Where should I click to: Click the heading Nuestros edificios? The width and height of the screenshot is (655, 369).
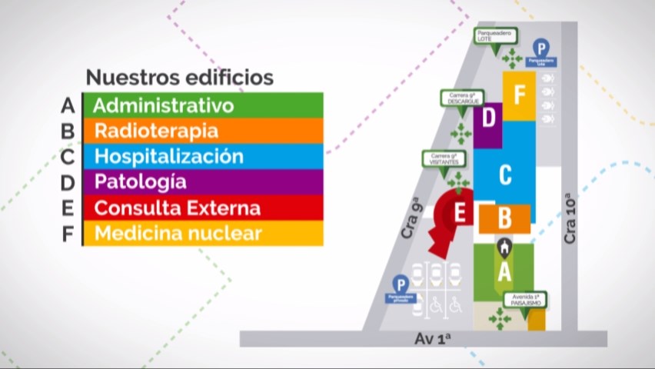tap(179, 78)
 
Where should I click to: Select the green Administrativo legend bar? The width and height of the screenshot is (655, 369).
tap(202, 105)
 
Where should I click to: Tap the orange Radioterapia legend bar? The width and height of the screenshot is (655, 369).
tap(202, 131)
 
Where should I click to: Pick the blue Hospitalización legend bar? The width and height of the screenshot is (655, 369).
tap(202, 156)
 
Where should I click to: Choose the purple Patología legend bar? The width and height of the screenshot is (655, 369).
tap(202, 182)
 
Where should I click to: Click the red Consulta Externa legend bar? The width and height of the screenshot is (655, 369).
tap(202, 208)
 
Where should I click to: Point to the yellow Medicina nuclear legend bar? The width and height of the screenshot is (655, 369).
tap(202, 233)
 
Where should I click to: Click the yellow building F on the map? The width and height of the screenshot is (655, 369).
tap(520, 95)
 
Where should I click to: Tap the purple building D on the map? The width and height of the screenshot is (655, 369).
tap(488, 119)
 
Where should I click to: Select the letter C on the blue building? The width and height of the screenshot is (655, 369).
tap(505, 175)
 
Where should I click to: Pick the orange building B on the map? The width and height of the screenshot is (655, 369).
tap(504, 218)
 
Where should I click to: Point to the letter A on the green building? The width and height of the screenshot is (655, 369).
tap(504, 271)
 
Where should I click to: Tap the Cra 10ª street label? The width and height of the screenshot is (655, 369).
tap(570, 221)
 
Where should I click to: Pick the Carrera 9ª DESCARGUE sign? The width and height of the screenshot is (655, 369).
tap(461, 98)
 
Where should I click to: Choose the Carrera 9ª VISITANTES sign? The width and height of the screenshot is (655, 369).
tap(444, 159)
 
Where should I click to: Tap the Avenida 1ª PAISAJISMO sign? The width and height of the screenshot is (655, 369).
tap(527, 299)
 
